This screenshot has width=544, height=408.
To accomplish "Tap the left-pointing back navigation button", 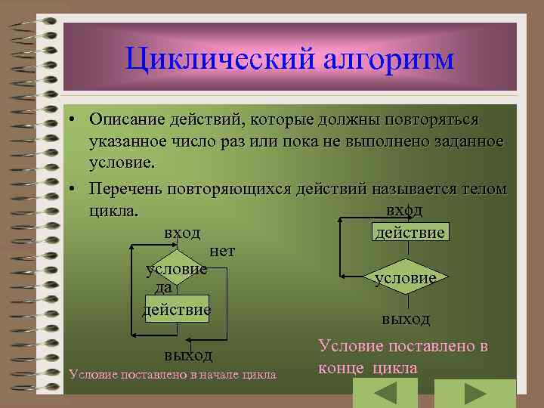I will (385, 394).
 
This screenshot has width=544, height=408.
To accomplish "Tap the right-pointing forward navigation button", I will (474, 394).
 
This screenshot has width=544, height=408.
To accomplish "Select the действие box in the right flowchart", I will (410, 232).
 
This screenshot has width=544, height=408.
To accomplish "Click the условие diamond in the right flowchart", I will (405, 277).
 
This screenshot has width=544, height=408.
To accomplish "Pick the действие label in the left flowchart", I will (177, 310).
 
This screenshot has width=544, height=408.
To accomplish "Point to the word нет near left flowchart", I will (222, 251).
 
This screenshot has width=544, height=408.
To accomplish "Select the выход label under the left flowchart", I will (188, 355).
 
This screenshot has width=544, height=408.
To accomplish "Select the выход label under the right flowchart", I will (406, 319).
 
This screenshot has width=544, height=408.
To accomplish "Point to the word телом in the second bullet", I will (479, 187).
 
